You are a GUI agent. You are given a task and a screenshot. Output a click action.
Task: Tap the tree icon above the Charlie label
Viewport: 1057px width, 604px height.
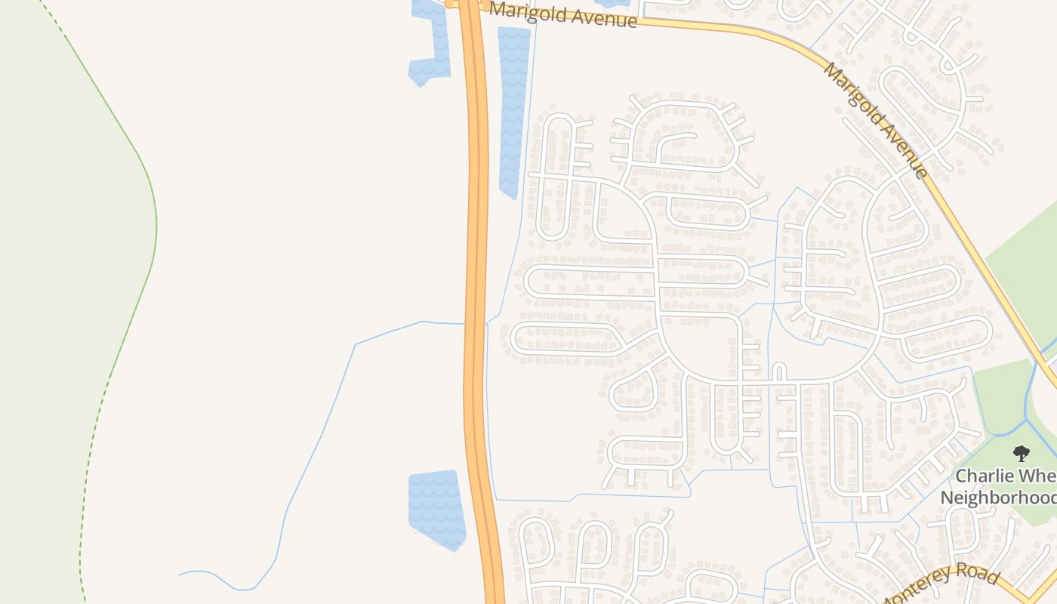coord(1022,454)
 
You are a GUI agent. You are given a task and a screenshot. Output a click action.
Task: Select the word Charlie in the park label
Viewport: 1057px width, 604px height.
coord(981,476)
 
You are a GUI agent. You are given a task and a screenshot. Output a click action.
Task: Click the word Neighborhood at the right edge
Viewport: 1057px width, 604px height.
coord(998,498)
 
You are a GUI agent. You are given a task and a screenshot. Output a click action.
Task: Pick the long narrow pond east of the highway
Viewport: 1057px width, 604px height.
coord(513,113)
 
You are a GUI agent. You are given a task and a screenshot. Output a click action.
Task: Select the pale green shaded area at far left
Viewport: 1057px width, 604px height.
coord(45,302)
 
